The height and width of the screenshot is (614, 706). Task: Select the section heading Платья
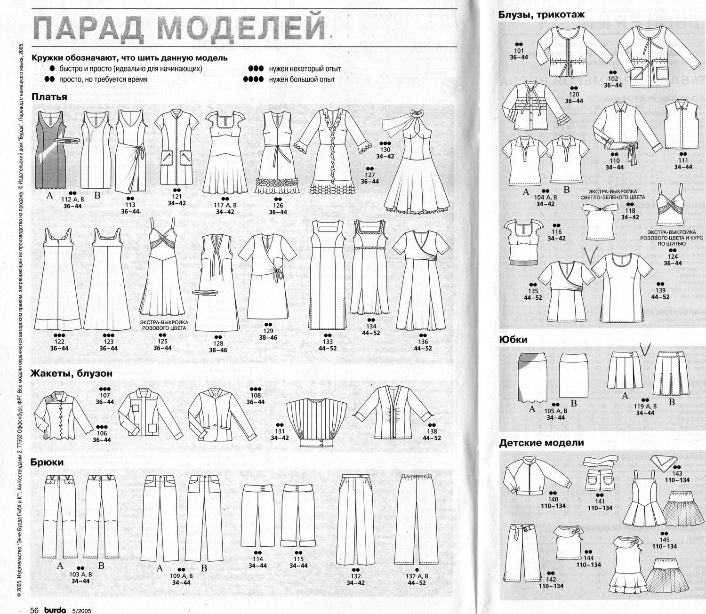[49, 97]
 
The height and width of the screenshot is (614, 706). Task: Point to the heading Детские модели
[541, 443]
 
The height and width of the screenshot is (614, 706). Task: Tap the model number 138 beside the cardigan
[432, 431]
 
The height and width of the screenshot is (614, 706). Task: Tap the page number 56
[34, 609]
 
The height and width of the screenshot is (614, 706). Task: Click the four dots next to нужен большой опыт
[254, 80]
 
